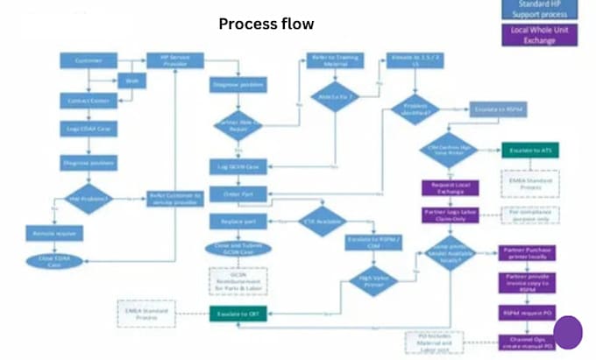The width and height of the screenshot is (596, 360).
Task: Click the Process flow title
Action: tap(266, 24)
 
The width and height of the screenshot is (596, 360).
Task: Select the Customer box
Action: tap(89, 60)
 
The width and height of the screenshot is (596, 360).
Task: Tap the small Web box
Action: tap(131, 81)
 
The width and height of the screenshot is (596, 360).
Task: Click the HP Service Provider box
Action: tap(175, 60)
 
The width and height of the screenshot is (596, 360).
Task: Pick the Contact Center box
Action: tap(89, 102)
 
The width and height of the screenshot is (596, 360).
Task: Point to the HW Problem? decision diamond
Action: tap(89, 198)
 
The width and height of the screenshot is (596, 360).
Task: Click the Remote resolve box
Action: tap(53, 234)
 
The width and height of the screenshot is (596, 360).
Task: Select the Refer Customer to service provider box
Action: tap(175, 198)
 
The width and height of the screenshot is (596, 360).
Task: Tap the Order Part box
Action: tap(238, 193)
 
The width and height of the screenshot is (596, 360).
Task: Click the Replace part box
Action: tap(238, 221)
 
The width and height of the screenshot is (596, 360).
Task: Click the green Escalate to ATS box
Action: tap(529, 152)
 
